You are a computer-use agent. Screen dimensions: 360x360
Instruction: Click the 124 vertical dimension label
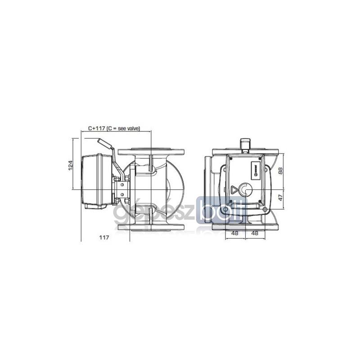tap(71, 165)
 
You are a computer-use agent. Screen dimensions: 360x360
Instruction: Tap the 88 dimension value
tap(280, 171)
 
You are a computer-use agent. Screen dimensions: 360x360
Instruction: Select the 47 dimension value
tap(280, 197)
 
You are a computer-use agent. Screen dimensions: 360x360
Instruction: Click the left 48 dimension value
tap(234, 233)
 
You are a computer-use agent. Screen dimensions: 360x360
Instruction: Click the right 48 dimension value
tap(255, 233)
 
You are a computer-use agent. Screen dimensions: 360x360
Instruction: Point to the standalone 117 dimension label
tap(104, 238)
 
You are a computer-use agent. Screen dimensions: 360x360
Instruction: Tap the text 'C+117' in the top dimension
tap(97, 129)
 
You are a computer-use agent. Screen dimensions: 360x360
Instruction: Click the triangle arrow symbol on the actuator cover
tap(234, 189)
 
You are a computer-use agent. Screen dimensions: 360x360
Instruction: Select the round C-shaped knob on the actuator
tap(246, 189)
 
